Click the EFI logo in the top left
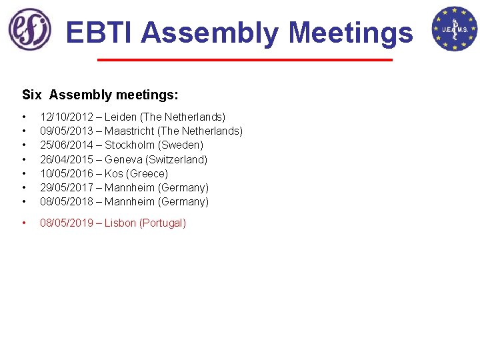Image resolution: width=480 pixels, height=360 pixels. pyautogui.click(x=29, y=29)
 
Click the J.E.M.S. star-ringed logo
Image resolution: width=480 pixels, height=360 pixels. pyautogui.click(x=454, y=29)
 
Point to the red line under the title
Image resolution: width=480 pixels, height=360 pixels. pyautogui.click(x=245, y=61)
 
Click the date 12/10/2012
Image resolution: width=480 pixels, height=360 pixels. pyautogui.click(x=67, y=117)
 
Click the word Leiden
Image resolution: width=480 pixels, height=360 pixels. pyautogui.click(x=121, y=117)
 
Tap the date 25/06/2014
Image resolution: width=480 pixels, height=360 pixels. pyautogui.click(x=67, y=145)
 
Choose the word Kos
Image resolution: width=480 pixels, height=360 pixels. pyautogui.click(x=113, y=173)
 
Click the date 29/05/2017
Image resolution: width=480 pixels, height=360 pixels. pyautogui.click(x=67, y=187)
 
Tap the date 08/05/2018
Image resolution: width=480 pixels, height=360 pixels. pyautogui.click(x=67, y=201)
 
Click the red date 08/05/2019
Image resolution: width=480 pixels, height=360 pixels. pyautogui.click(x=67, y=223)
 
